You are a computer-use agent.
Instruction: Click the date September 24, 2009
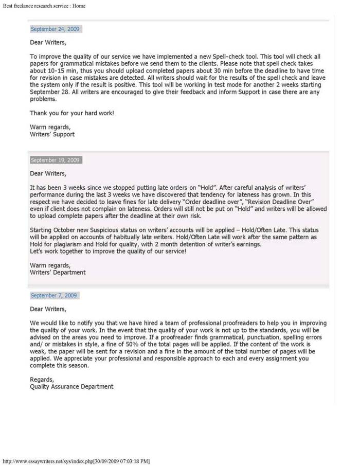pos(55,29)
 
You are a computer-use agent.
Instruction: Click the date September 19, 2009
pos(55,160)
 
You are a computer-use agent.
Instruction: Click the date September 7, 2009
pos(53,296)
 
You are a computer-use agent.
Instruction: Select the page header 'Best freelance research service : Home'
pos(44,6)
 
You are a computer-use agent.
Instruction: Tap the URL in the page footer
pos(76,461)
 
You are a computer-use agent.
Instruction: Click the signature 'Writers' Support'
pos(52,134)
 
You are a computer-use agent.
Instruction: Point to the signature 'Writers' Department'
pos(58,273)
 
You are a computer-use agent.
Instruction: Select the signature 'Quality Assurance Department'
pos(71,386)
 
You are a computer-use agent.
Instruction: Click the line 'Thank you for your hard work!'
pos(71,113)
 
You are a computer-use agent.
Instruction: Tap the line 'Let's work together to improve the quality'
pos(108,251)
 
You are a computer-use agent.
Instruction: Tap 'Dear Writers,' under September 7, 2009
pos(48,309)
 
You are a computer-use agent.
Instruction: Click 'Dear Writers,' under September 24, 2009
pos(48,42)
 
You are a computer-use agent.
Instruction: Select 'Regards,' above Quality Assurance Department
pos(42,379)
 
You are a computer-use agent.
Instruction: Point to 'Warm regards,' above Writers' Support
pos(50,127)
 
